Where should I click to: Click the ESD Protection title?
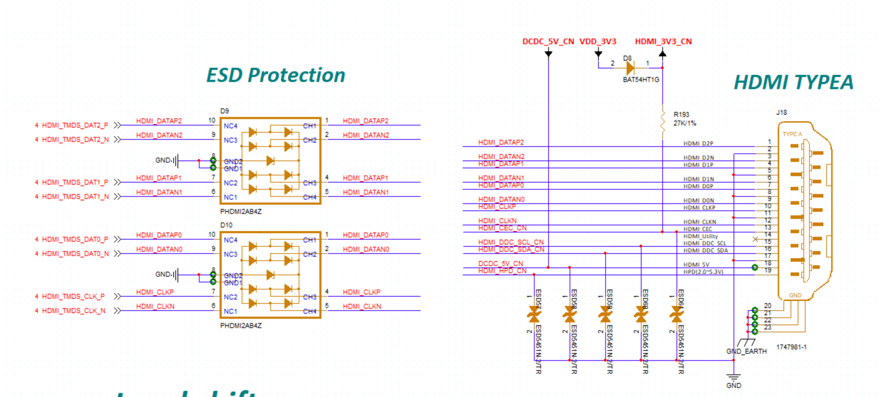coord(276,75)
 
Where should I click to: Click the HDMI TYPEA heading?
coord(793,82)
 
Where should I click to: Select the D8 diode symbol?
coord(630,68)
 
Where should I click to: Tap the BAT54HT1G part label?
coord(641,80)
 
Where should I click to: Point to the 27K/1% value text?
coord(684,123)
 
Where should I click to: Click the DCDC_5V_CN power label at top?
coord(548,41)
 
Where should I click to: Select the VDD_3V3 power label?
coord(598,41)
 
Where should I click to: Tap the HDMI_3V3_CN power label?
coord(663,41)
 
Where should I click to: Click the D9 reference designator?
coord(224,111)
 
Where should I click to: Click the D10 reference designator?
coord(226,225)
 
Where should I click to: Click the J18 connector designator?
coord(781,113)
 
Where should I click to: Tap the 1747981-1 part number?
coord(791,347)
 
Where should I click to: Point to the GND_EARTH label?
coord(746,351)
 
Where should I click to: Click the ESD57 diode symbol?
coord(534,314)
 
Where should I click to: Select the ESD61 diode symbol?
coord(677,314)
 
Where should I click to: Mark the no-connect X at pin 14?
coord(755,239)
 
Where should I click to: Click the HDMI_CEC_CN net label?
coord(502,228)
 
